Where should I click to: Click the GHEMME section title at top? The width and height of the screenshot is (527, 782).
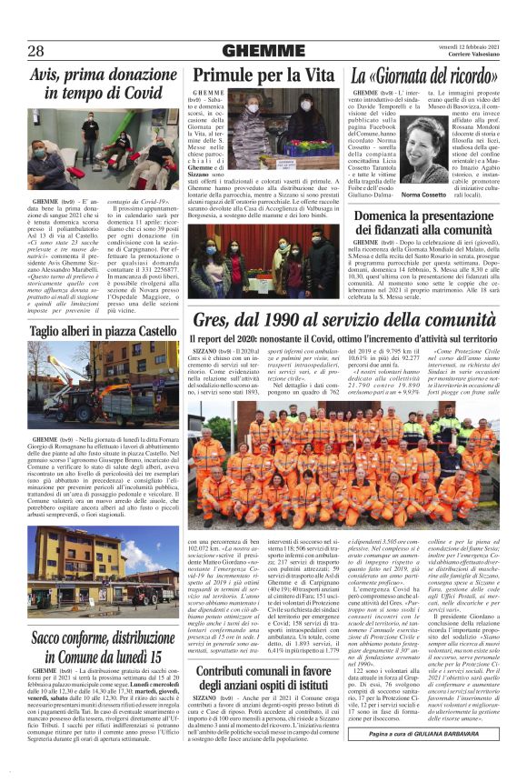tap(263, 51)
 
